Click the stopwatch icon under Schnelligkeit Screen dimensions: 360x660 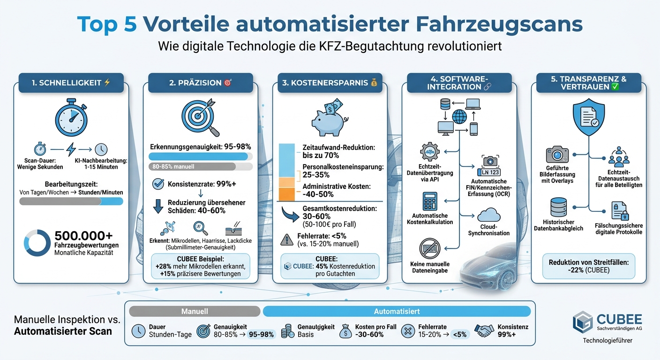click(x=71, y=115)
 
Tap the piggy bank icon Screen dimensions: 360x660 click(x=328, y=119)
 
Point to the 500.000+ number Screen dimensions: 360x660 click(x=83, y=236)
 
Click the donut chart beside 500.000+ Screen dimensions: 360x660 click(x=37, y=242)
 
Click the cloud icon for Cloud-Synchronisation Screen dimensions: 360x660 click(x=488, y=216)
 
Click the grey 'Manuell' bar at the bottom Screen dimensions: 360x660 click(x=194, y=311)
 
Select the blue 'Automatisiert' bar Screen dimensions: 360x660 click(x=397, y=311)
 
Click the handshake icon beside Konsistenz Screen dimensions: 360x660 click(x=484, y=331)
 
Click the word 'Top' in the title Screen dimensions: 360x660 click(x=96, y=24)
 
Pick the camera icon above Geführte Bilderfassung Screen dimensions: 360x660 click(x=557, y=154)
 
